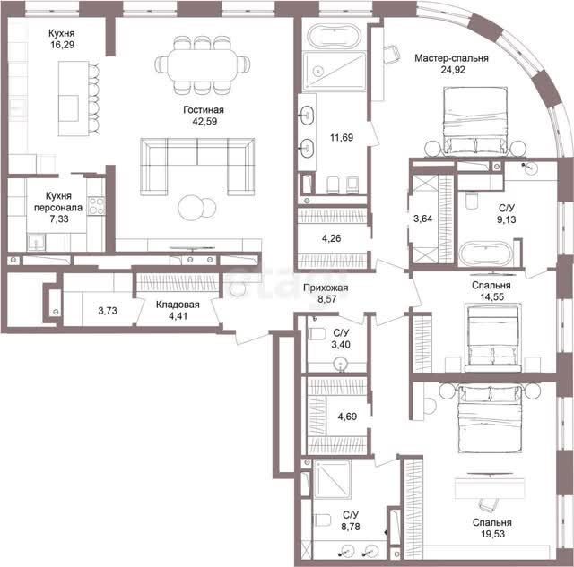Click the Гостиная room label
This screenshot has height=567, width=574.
(204, 109)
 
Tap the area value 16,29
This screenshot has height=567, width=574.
(63, 45)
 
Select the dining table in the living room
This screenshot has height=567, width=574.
(203, 65)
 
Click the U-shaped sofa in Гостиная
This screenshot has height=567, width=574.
(197, 167)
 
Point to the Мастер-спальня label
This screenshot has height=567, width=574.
(451, 58)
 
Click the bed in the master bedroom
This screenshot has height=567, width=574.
(475, 120)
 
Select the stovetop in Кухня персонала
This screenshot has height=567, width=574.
(96, 206)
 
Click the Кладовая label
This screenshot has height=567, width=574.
(178, 305)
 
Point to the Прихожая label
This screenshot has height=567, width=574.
(326, 288)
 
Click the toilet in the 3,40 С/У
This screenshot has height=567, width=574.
(317, 334)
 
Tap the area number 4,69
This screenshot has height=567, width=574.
(347, 417)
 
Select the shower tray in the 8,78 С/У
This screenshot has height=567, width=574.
(332, 478)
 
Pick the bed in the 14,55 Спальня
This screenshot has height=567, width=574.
(493, 339)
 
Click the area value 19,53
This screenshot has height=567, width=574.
(492, 534)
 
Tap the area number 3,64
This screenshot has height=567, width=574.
(422, 219)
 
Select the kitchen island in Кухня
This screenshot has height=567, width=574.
(74, 99)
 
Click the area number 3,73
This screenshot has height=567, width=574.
(108, 311)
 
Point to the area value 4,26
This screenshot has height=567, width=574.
(331, 238)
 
